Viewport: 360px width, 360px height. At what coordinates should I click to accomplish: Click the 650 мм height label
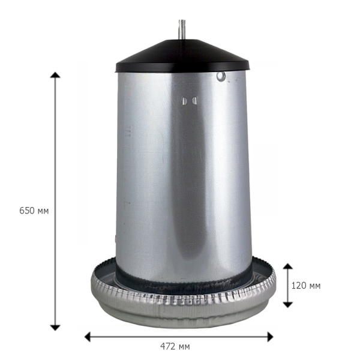(x=34, y=211)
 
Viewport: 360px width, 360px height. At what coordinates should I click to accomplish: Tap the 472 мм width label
(x=175, y=346)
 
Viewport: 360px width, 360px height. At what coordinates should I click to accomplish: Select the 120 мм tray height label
(x=306, y=286)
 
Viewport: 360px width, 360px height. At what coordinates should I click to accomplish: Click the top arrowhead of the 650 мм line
(x=55, y=75)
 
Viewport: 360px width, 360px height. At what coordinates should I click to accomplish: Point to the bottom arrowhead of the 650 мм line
(x=55, y=328)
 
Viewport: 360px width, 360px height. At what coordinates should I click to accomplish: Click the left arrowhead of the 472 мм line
(x=88, y=337)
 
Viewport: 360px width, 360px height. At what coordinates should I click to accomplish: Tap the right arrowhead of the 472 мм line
(x=270, y=337)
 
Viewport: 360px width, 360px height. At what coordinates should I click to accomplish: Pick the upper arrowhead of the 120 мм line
(x=287, y=266)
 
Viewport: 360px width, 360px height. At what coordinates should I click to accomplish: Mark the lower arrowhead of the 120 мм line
(x=287, y=305)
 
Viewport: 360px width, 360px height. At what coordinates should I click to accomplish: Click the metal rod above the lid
(x=182, y=30)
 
